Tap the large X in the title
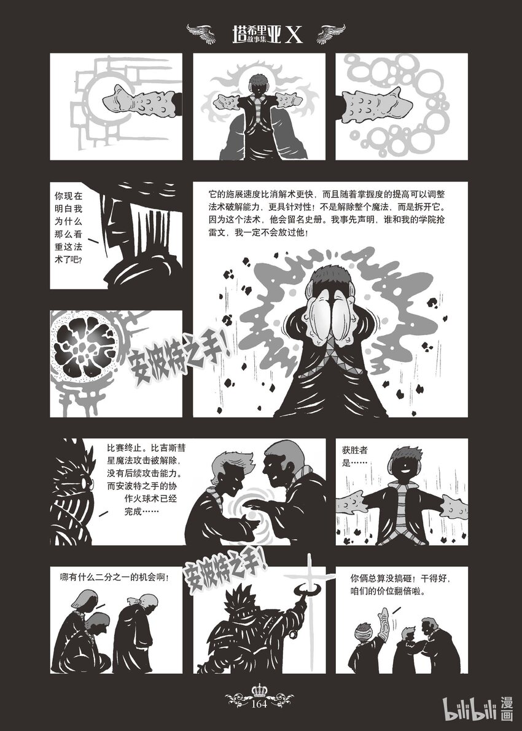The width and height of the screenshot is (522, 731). (294, 34)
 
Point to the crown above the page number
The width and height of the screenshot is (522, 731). (259, 690)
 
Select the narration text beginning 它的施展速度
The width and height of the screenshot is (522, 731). (327, 213)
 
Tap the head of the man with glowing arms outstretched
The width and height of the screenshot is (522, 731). (259, 84)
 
